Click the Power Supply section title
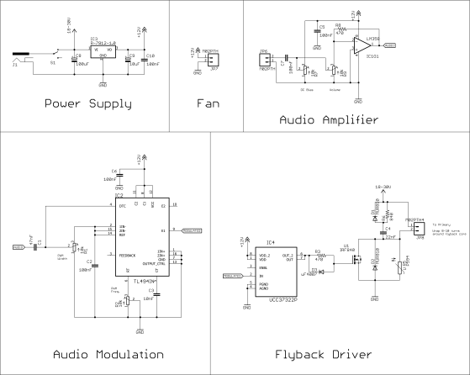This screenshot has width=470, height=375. (x=87, y=104)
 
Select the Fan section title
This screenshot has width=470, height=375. (x=207, y=104)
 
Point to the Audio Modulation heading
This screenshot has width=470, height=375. (x=108, y=354)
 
